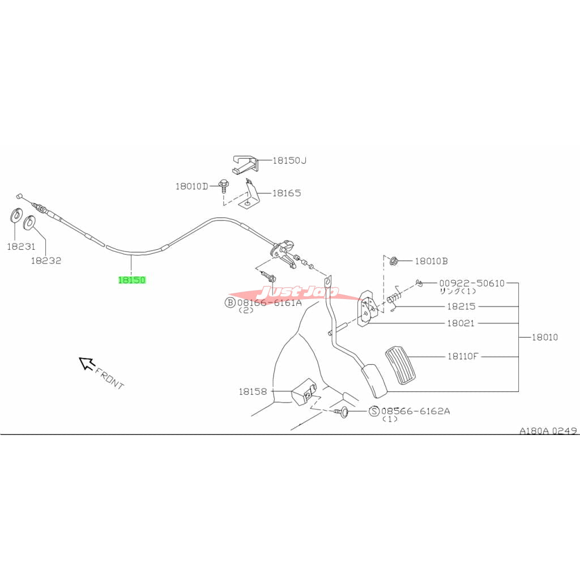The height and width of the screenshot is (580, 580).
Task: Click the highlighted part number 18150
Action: coord(131,280)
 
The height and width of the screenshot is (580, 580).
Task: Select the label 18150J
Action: coord(289,160)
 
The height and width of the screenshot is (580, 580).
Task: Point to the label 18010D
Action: coord(192,186)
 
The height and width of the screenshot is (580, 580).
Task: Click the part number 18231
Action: coord(21,246)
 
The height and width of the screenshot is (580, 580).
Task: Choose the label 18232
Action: coord(46,261)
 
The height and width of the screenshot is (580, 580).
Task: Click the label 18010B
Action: coord(431,261)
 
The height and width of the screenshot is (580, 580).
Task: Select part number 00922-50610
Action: coord(471,283)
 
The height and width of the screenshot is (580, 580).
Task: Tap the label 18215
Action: coord(461,306)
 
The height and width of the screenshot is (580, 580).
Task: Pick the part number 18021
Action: coord(461,323)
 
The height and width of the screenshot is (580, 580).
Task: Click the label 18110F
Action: coord(463,356)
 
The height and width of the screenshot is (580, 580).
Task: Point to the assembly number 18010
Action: coord(544,337)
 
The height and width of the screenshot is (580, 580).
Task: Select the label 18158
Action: coord(252,391)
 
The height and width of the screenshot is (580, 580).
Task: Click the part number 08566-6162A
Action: coord(415,411)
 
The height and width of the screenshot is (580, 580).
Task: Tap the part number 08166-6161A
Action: coord(269,302)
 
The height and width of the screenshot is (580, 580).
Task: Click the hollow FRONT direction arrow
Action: coord(86,363)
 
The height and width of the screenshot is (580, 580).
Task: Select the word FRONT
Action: coord(109,378)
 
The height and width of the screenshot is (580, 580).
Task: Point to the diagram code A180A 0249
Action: coord(548,430)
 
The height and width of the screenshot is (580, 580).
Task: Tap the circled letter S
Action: coord(374,411)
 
